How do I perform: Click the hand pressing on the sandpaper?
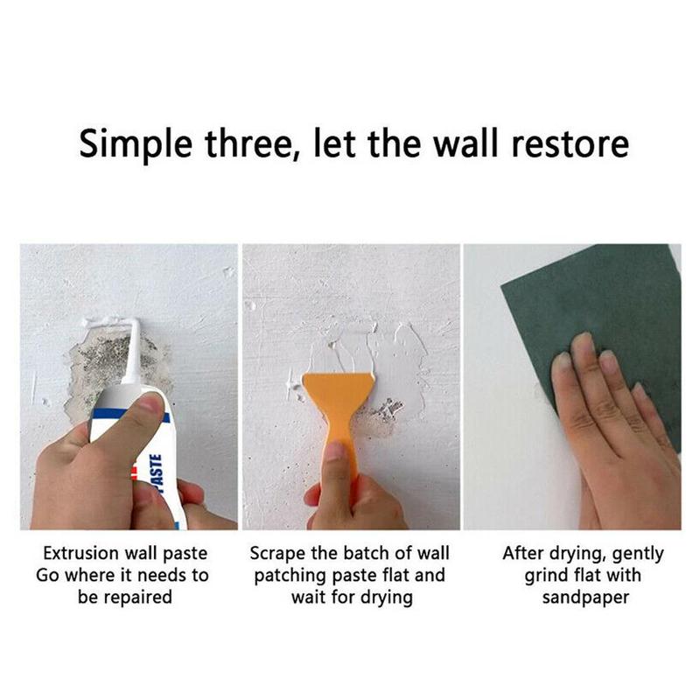point(604,429)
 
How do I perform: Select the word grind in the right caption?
point(548,576)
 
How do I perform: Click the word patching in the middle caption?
point(292,576)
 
